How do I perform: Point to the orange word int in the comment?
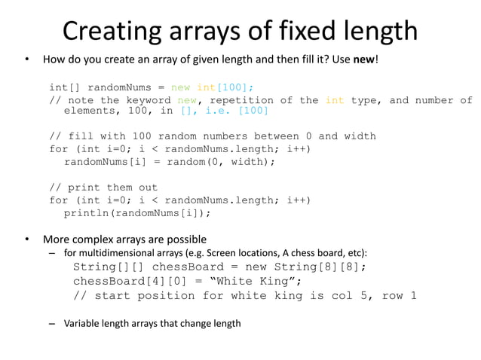pos(335,100)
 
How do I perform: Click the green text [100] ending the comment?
pos(253,111)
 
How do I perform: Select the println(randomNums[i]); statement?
pos(137,212)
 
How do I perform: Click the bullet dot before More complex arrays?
pos(26,240)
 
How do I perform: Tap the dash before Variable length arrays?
pos(52,323)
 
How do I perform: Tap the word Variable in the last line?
pos(82,323)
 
